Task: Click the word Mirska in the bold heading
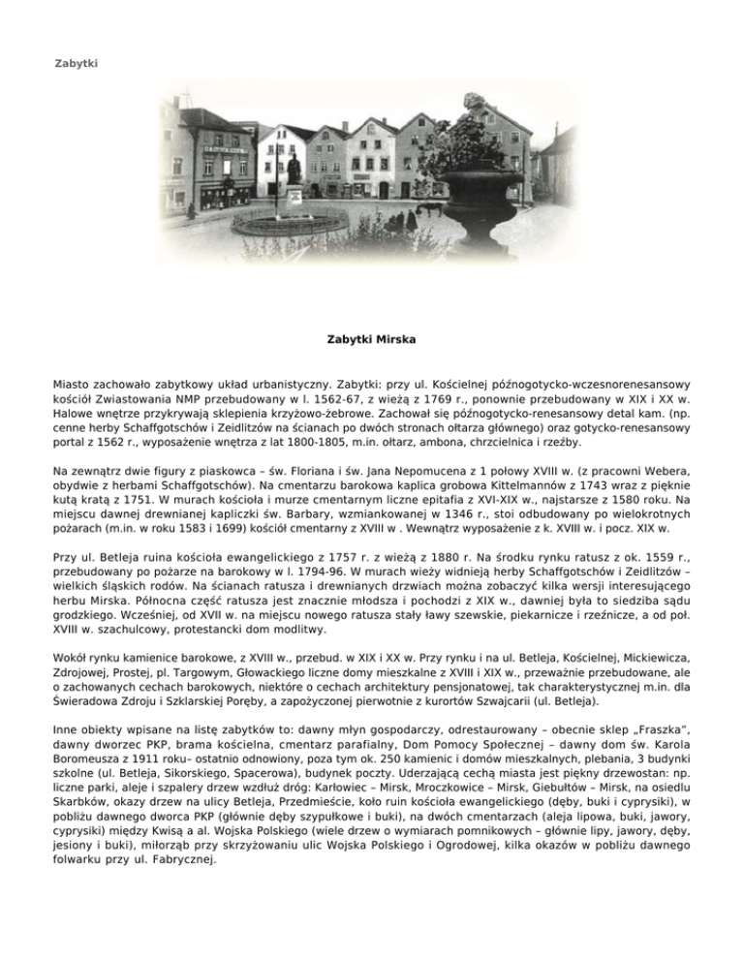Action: pyautogui.click(x=398, y=341)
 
